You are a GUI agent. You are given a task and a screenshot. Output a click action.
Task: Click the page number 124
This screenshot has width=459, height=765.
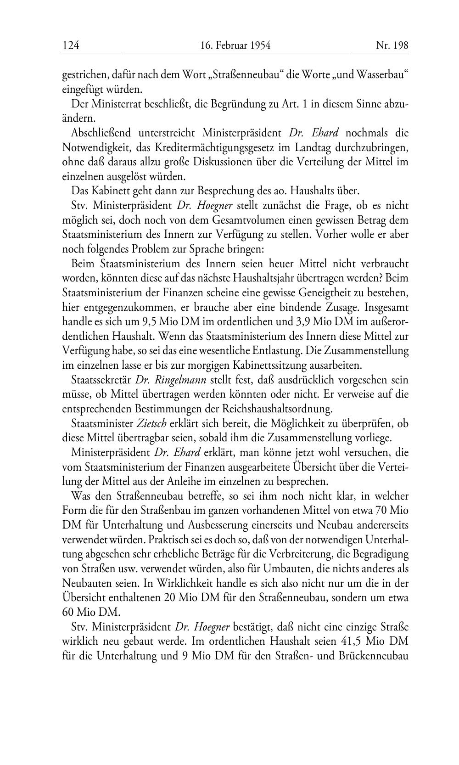pos(71,45)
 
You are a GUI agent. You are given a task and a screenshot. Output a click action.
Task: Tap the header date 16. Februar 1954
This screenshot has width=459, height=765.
pos(235,45)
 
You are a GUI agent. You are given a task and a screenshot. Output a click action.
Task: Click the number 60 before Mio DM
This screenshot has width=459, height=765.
pos(68,612)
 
